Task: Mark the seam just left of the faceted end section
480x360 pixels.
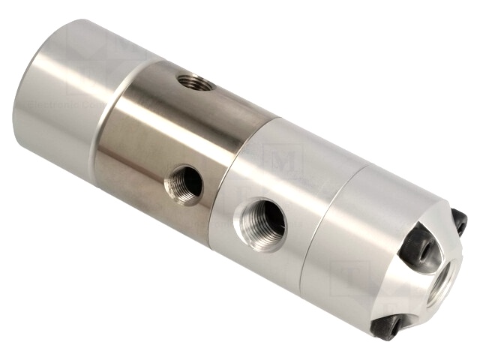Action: (x=315, y=225)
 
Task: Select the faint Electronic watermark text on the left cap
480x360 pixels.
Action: (x=52, y=105)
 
